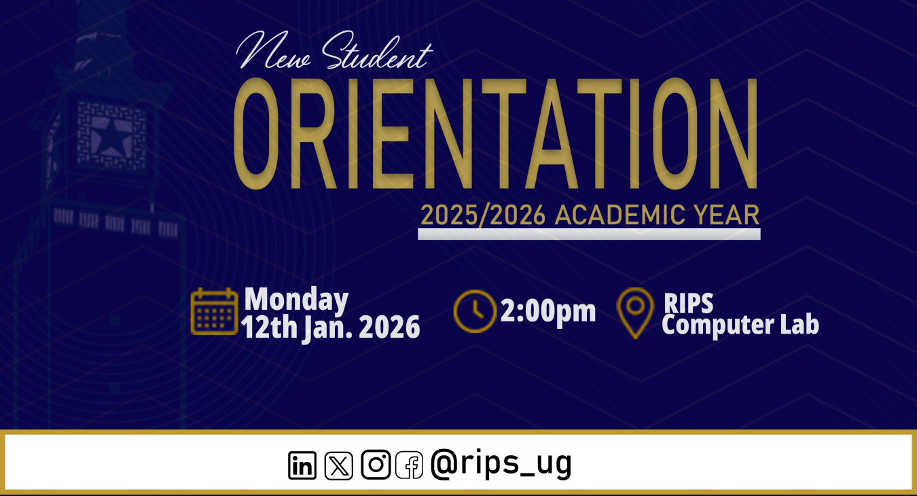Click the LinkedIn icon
[302, 465]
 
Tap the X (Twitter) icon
[338, 465]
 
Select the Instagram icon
[375, 465]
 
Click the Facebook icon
[409, 465]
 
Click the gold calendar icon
[214, 312]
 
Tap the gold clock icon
[475, 311]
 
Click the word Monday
[296, 300]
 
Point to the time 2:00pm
[548, 311]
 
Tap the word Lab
[799, 325]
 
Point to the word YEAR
[726, 215]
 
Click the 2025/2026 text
[483, 215]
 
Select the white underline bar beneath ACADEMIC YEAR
[588, 234]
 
